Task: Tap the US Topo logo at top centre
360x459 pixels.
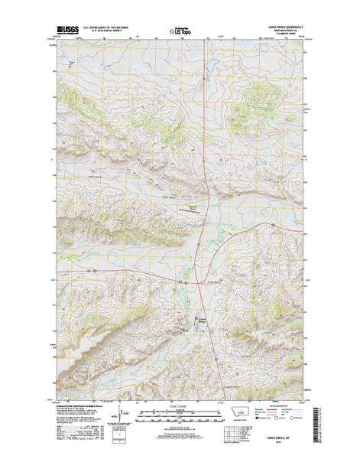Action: point(180,31)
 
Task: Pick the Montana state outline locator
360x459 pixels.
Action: point(242,412)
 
